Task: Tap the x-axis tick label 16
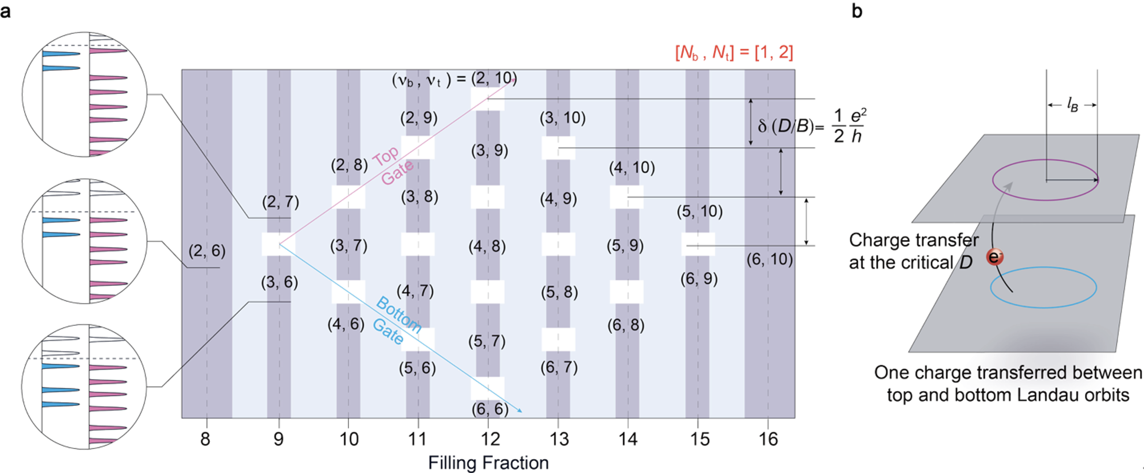(768, 439)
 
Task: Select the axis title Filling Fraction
(488, 463)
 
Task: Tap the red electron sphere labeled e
(994, 257)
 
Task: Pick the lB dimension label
(1072, 105)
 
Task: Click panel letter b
(857, 11)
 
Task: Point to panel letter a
(6, 11)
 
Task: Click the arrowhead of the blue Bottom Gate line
(520, 411)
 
